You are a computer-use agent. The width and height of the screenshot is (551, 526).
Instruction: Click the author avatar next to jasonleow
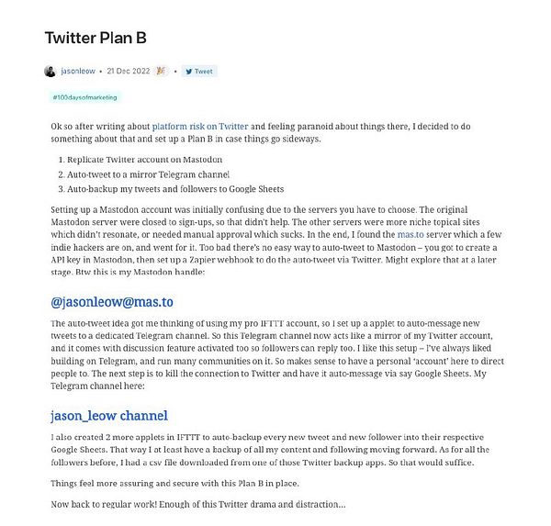(x=50, y=71)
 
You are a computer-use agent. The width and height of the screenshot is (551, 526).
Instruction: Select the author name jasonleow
(x=79, y=71)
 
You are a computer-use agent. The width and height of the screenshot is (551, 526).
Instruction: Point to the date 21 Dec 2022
(x=129, y=71)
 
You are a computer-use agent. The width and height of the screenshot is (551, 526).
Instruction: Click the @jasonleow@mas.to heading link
(x=112, y=302)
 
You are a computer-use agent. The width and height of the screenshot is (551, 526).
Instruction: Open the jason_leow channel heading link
(x=108, y=414)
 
